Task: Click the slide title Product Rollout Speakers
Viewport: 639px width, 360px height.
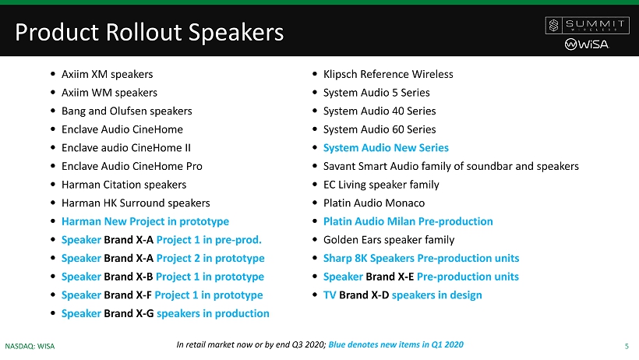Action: point(149,32)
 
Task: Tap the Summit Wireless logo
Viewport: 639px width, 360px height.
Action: point(588,25)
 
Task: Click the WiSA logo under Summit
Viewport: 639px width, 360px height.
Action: point(587,44)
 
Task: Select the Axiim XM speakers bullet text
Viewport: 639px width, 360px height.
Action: point(108,74)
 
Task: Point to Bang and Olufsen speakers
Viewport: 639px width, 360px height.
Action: point(127,111)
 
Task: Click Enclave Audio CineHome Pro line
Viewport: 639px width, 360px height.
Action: point(132,166)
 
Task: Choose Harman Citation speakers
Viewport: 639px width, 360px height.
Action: point(124,185)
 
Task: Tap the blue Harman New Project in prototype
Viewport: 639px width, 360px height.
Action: point(145,221)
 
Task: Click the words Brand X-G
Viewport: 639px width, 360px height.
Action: point(129,313)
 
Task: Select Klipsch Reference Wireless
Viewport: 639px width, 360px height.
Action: point(388,74)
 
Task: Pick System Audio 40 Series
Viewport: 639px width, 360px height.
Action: point(380,111)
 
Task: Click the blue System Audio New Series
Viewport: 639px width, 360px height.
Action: point(386,147)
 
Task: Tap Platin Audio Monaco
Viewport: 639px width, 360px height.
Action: point(374,203)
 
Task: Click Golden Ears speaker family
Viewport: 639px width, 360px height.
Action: point(389,240)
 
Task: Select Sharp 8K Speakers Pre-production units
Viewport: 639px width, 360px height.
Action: point(421,258)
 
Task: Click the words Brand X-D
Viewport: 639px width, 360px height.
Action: point(364,295)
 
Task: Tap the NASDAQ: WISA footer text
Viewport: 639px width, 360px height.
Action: point(30,346)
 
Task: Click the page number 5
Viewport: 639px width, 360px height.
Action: point(627,346)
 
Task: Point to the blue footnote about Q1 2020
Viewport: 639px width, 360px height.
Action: point(396,344)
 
